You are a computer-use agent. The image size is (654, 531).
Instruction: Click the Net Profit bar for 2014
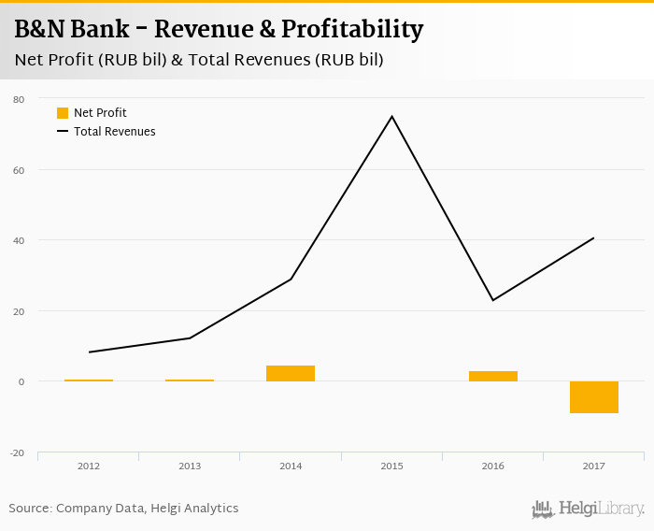[x=291, y=373]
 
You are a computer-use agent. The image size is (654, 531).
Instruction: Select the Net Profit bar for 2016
[x=493, y=376]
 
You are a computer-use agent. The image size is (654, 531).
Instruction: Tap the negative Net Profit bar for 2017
[x=594, y=396]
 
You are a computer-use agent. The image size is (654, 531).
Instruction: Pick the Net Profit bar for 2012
[x=89, y=380]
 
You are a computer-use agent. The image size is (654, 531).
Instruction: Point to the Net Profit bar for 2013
[x=190, y=380]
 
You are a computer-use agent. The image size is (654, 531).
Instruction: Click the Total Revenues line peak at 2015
[x=391, y=117]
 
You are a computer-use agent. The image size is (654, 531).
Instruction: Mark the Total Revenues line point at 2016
[x=493, y=300]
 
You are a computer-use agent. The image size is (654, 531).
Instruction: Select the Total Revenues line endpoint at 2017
[x=593, y=237]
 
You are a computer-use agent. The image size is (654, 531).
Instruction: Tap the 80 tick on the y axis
[x=19, y=99]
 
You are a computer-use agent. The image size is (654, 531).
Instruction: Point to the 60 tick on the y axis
[x=19, y=170]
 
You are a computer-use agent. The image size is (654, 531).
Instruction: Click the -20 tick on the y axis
[x=17, y=452]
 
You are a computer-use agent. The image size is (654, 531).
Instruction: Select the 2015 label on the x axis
[x=392, y=466]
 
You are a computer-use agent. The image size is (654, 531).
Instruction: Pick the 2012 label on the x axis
[x=89, y=466]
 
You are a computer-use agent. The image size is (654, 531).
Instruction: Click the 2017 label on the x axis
[x=594, y=466]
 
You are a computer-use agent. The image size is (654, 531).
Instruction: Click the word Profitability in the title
[x=353, y=29]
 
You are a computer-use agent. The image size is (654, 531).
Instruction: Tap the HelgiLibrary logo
[x=589, y=509]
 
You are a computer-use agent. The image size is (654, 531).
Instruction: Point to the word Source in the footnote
[x=30, y=509]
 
